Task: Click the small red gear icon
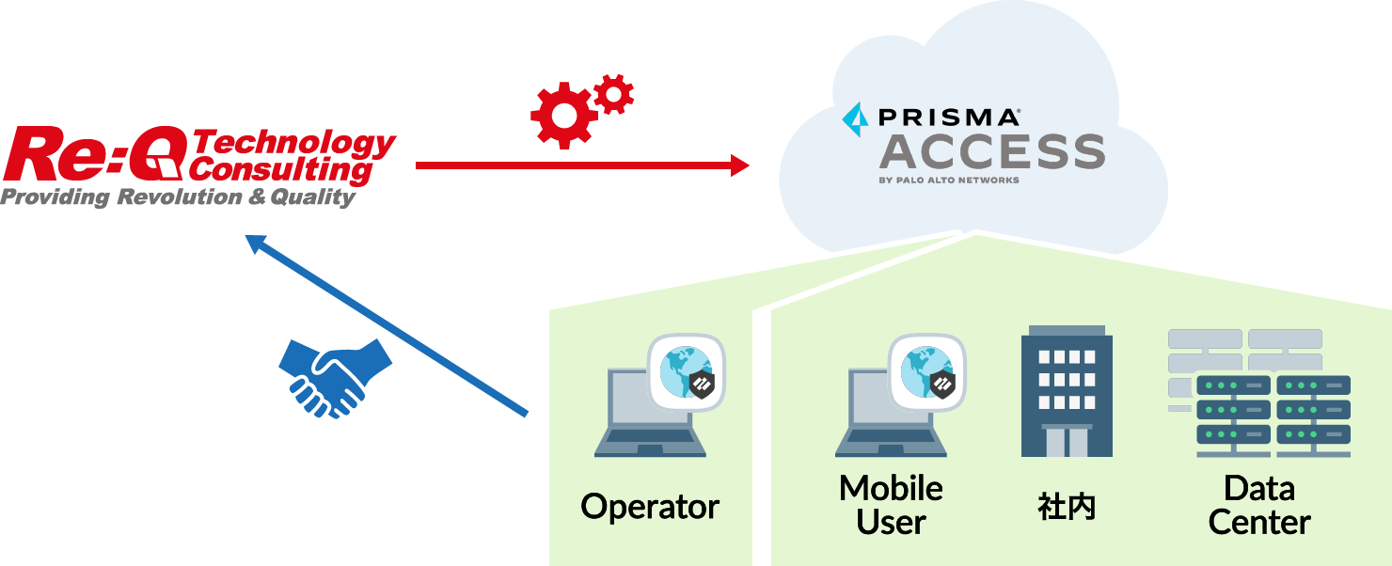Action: pyautogui.click(x=614, y=94)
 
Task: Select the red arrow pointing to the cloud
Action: pyautogui.click(x=583, y=166)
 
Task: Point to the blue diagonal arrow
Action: pyautogui.click(x=386, y=324)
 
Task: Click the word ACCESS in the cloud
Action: pyautogui.click(x=991, y=151)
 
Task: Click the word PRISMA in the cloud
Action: pyautogui.click(x=948, y=118)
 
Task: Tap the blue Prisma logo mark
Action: pyautogui.click(x=856, y=118)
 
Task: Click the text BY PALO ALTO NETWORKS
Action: pyautogui.click(x=948, y=180)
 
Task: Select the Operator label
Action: pyautogui.click(x=650, y=507)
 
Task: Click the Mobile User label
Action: pyautogui.click(x=891, y=505)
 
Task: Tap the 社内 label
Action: pyautogui.click(x=1067, y=508)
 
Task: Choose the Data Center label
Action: pyautogui.click(x=1259, y=505)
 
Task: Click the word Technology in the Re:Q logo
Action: pyautogui.click(x=295, y=144)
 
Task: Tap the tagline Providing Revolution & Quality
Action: pyautogui.click(x=178, y=197)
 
